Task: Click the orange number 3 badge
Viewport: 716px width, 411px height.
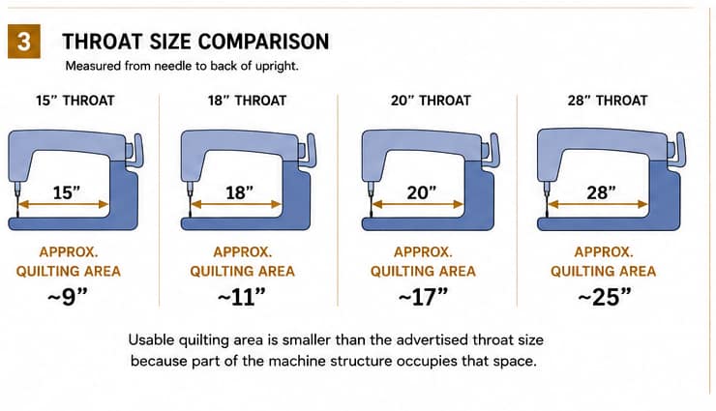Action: pyautogui.click(x=24, y=42)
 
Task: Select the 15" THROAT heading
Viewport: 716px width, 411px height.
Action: pyautogui.click(x=75, y=101)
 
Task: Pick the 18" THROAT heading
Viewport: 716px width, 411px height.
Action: pyautogui.click(x=247, y=101)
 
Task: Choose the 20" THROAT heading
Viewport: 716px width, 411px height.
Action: pyautogui.click(x=431, y=101)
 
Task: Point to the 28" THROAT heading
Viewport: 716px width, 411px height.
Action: pyautogui.click(x=608, y=101)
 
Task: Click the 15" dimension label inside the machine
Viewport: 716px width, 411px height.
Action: pyautogui.click(x=67, y=192)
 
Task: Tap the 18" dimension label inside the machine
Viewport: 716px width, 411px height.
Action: pyautogui.click(x=239, y=192)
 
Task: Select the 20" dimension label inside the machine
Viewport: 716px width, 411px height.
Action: pyautogui.click(x=422, y=192)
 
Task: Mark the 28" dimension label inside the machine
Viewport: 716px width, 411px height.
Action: pyautogui.click(x=601, y=192)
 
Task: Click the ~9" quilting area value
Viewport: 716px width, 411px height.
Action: pyautogui.click(x=68, y=297)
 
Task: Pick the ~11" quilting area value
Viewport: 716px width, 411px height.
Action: pyautogui.click(x=242, y=297)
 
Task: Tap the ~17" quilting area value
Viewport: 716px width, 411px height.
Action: pyautogui.click(x=423, y=297)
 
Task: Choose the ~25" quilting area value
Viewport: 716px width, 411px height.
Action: pyautogui.click(x=605, y=297)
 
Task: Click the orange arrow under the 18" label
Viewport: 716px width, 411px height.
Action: pyautogui.click(x=236, y=204)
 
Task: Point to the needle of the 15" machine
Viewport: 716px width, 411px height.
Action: pyautogui.click(x=17, y=201)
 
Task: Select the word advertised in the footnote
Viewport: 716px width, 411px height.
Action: pyautogui.click(x=432, y=339)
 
